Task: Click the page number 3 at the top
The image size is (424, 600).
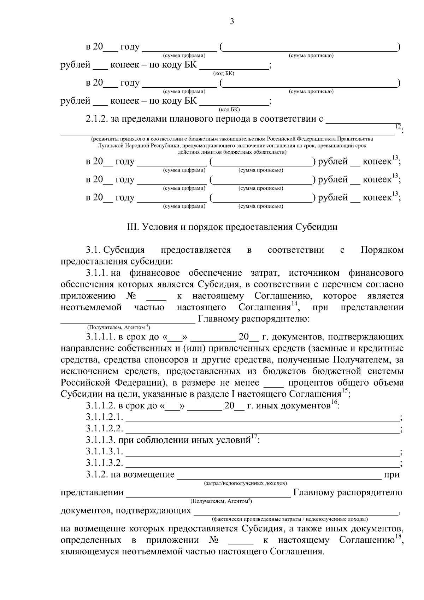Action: [232, 22]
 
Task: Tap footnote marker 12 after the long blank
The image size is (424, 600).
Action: [397, 126]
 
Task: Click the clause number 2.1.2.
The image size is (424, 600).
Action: [96, 119]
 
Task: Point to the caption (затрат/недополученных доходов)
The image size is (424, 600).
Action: [246, 483]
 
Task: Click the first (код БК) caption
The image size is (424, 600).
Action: [224, 73]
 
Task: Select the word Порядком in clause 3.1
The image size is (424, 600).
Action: [382, 250]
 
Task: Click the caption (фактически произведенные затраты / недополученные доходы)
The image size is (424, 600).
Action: [290, 519]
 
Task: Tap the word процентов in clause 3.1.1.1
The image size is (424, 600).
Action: [310, 383]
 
